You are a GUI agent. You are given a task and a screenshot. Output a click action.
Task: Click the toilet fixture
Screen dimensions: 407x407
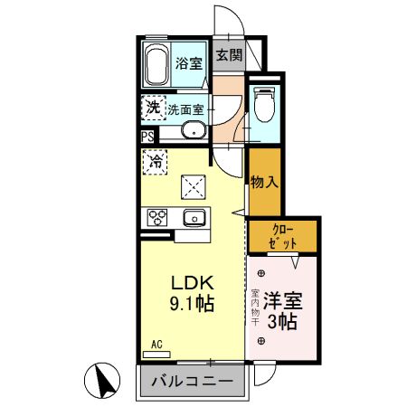point(264,106)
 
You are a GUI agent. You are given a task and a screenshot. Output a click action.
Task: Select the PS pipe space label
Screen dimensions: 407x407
point(147,137)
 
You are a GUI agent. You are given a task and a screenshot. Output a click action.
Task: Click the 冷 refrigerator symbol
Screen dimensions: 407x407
point(155,164)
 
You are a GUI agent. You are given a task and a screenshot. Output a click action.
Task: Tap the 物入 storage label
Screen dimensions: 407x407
point(264,183)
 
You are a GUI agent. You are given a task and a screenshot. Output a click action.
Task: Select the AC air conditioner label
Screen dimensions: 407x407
point(157,345)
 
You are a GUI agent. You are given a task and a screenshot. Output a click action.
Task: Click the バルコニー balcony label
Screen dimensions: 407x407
point(192,383)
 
